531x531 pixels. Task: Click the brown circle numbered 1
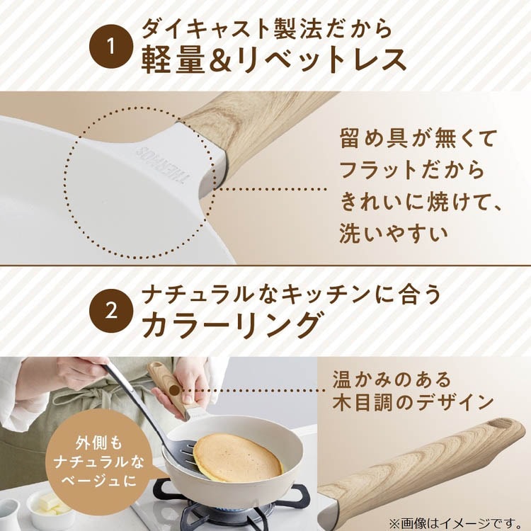coord(111,47)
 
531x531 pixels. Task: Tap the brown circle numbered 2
coord(111,311)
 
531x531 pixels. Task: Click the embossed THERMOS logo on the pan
coord(162,166)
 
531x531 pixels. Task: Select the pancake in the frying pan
coord(237,457)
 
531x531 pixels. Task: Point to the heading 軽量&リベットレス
coord(273,60)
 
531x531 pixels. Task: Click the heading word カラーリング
coord(231,324)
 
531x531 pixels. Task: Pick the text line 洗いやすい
coord(394,233)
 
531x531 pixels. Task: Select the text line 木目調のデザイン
coord(413,402)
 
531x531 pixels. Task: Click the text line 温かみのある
coord(392,379)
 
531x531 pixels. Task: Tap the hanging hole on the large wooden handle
coord(501,423)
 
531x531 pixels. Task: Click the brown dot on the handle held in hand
coord(174,390)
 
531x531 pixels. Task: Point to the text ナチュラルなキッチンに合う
coord(291,293)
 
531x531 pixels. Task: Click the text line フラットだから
coord(412,169)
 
